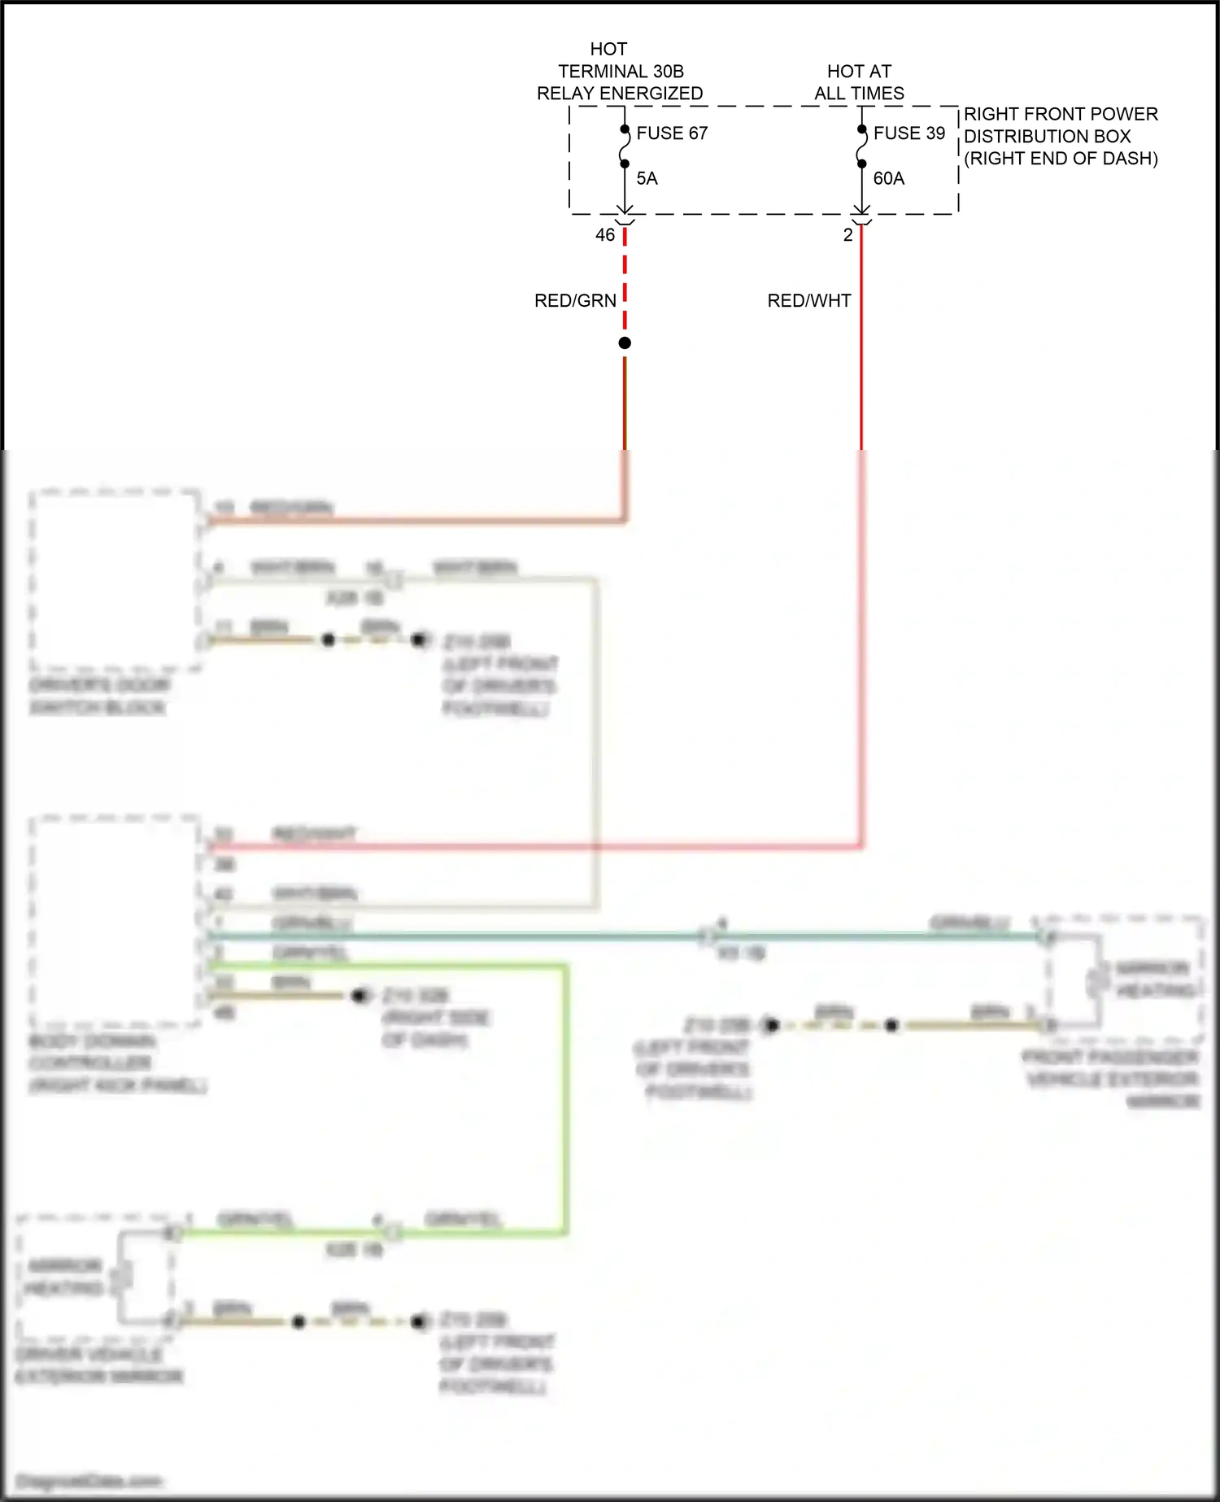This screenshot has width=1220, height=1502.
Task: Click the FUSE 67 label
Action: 672,133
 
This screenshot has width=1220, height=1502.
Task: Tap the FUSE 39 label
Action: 909,133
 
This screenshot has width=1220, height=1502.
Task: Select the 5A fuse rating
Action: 647,178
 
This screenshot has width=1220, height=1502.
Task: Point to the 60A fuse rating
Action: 888,178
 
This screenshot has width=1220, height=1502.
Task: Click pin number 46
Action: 605,235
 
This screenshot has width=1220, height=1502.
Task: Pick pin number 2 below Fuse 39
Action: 847,235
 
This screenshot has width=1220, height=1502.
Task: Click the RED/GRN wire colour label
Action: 575,301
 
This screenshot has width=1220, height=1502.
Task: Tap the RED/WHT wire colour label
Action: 808,301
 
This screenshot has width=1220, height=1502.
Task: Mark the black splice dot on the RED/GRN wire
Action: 625,343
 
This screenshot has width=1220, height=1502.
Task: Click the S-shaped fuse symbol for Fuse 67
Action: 625,147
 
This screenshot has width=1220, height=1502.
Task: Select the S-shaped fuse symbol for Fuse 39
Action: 861,147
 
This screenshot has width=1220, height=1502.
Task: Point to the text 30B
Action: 667,72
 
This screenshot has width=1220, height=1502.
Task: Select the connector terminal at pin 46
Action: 625,216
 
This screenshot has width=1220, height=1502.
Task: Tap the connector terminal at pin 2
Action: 861,216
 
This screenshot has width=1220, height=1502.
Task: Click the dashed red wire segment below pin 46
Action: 625,277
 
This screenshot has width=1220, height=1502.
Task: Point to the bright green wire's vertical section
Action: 564,1098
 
